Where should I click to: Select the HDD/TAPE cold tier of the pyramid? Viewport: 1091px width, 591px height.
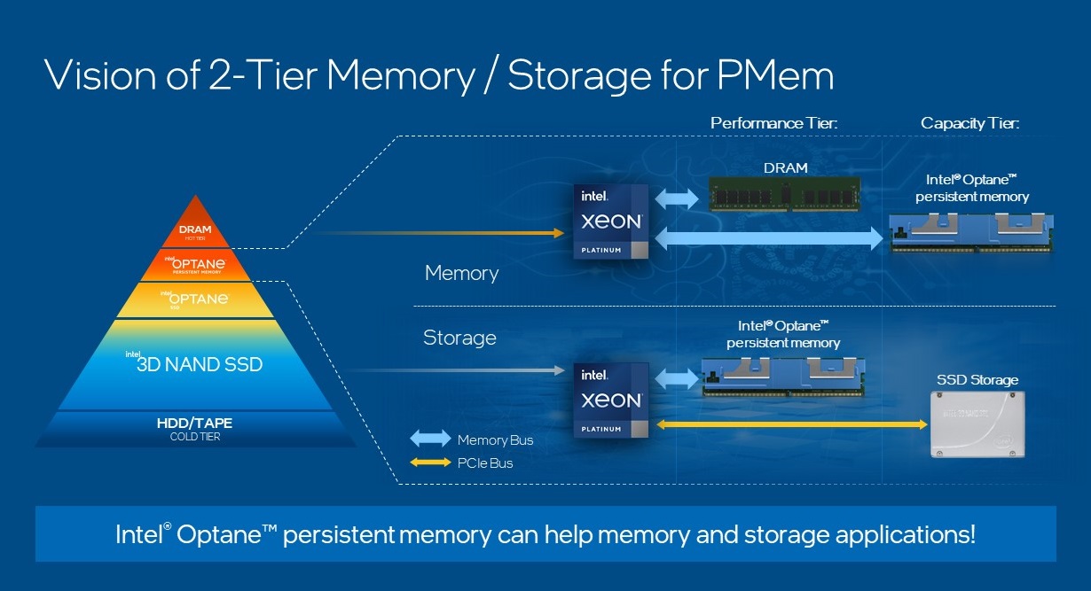click(x=195, y=427)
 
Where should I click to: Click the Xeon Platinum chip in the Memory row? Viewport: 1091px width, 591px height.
click(x=611, y=222)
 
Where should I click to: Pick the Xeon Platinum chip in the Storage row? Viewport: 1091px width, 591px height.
click(x=611, y=400)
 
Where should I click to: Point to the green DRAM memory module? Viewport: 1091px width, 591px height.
click(x=785, y=192)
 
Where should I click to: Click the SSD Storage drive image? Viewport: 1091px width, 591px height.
click(x=977, y=424)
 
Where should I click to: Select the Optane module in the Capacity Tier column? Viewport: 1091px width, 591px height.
click(x=972, y=232)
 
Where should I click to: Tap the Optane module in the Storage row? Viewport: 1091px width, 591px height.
click(x=782, y=376)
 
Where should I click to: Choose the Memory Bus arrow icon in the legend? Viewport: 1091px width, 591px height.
click(x=431, y=439)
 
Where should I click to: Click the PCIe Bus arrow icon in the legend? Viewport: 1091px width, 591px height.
click(x=431, y=463)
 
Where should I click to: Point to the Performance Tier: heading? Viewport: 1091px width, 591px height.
click(x=773, y=123)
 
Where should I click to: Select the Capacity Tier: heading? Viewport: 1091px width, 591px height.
click(x=969, y=123)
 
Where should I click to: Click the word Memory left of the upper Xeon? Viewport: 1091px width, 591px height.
click(x=461, y=273)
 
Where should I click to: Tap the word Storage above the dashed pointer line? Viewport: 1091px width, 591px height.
click(x=459, y=338)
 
